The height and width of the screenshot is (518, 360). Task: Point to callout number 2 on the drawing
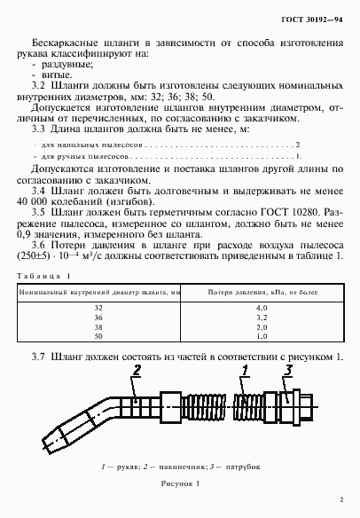(137, 370)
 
